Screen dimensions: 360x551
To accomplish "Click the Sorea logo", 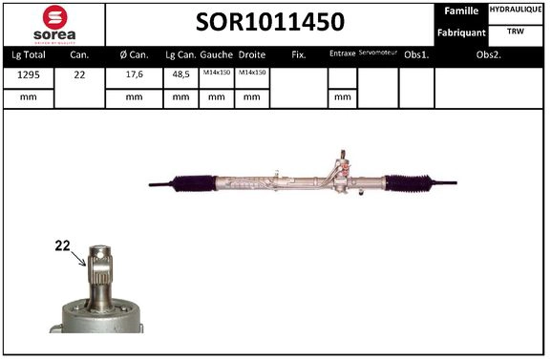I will (53, 24).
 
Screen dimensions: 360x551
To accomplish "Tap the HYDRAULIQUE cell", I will (517, 10).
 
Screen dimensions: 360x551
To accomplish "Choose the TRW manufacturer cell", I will (517, 31).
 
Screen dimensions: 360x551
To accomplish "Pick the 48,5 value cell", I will (180, 74).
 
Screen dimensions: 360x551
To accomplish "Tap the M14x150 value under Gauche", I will (216, 74).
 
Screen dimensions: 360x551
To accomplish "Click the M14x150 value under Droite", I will (251, 74).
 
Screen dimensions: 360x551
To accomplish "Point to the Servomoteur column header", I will (377, 53).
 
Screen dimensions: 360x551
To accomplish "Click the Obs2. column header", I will (490, 54).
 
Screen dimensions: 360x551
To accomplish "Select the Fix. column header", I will (299, 54).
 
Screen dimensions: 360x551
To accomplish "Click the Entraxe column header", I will (342, 54).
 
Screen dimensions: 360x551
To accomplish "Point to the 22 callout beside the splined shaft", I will (63, 246).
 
